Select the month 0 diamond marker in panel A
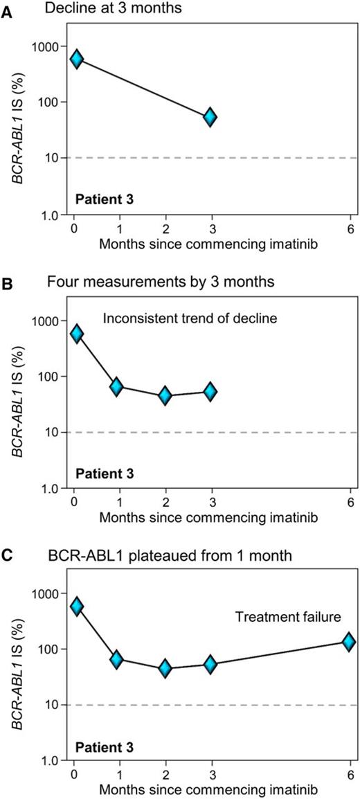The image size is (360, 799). (x=76, y=59)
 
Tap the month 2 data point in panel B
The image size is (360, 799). (x=165, y=396)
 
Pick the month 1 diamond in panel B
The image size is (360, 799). (x=117, y=387)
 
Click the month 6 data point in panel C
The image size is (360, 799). (x=350, y=642)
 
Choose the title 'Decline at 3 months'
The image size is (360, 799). (x=100, y=9)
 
